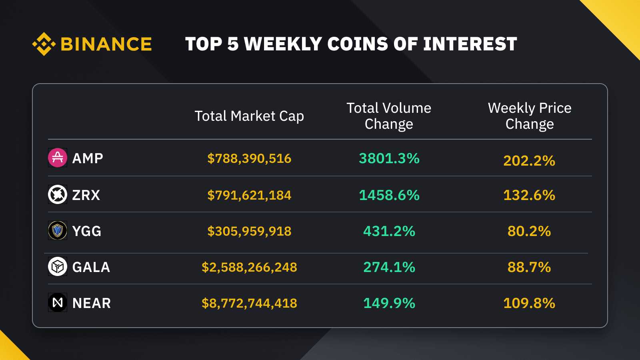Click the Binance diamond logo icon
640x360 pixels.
click(44, 44)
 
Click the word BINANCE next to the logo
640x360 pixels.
click(106, 44)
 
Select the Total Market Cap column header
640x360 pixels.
click(249, 116)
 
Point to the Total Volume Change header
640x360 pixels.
click(389, 116)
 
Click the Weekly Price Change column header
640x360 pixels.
click(530, 116)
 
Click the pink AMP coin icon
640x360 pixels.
click(58, 158)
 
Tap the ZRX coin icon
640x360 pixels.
click(58, 194)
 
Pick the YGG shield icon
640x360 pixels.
click(58, 230)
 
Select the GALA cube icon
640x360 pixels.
click(58, 266)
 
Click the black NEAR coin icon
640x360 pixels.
click(58, 302)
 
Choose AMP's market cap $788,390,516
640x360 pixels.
click(249, 158)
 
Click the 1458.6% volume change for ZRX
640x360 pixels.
click(389, 195)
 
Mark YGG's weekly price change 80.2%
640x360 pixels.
click(529, 231)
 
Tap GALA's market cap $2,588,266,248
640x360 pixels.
click(249, 267)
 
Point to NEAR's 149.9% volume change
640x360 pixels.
click(389, 303)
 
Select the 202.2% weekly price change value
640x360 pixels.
click(529, 161)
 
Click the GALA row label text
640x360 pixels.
click(91, 267)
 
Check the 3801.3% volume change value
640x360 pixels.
click(389, 158)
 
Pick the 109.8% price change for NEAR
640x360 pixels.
click(529, 303)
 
